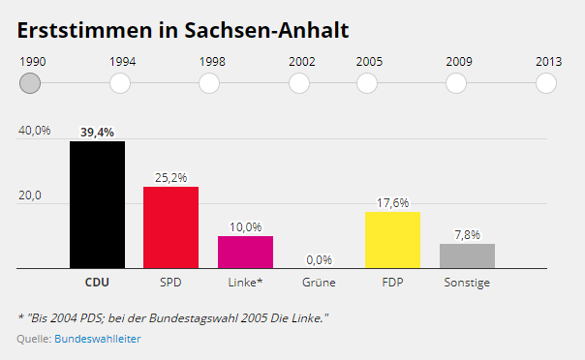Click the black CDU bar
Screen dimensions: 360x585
click(x=97, y=204)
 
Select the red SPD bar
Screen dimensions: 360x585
click(x=170, y=227)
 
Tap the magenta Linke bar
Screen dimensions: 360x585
click(x=245, y=252)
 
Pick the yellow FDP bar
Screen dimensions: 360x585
click(x=392, y=239)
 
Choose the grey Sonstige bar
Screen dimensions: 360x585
click(x=467, y=255)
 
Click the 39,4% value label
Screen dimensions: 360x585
click(x=97, y=132)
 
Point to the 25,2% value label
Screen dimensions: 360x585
click(x=170, y=177)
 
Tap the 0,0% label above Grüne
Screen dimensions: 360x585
click(x=319, y=259)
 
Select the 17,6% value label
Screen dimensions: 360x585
click(x=392, y=202)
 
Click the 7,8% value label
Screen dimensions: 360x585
click(x=467, y=234)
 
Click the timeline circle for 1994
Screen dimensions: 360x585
click(x=120, y=83)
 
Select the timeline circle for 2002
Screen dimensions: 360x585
click(x=299, y=83)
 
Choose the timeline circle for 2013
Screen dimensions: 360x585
click(x=546, y=83)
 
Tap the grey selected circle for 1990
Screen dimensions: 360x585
click(x=30, y=83)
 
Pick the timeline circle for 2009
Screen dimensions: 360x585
click(x=457, y=83)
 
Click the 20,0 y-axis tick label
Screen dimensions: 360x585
click(x=30, y=195)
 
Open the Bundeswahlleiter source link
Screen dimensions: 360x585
click(x=98, y=339)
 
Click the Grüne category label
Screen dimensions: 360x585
click(x=319, y=283)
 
